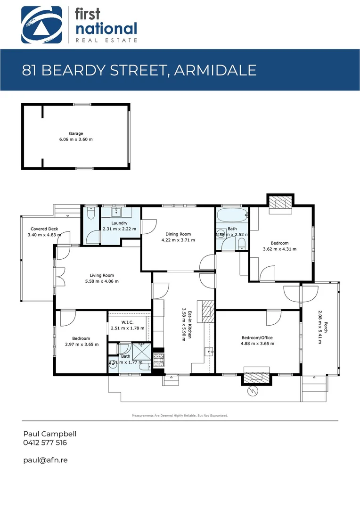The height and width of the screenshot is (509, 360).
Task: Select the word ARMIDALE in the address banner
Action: (x=215, y=70)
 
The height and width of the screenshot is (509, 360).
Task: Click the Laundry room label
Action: (x=119, y=223)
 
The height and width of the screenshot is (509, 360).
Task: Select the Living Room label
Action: (x=102, y=275)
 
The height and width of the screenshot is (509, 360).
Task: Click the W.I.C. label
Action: (x=127, y=322)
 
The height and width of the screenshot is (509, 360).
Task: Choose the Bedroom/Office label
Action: (x=257, y=338)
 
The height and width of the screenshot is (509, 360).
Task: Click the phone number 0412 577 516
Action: (x=45, y=443)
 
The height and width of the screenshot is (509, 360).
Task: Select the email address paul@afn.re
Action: (x=45, y=460)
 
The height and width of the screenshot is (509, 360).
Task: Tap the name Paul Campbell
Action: (x=49, y=434)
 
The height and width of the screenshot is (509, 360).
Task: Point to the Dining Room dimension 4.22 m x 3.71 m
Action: (x=178, y=240)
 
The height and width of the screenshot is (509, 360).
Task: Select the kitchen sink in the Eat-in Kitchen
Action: (x=209, y=351)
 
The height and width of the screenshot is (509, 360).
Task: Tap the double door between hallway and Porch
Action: (x=300, y=294)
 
